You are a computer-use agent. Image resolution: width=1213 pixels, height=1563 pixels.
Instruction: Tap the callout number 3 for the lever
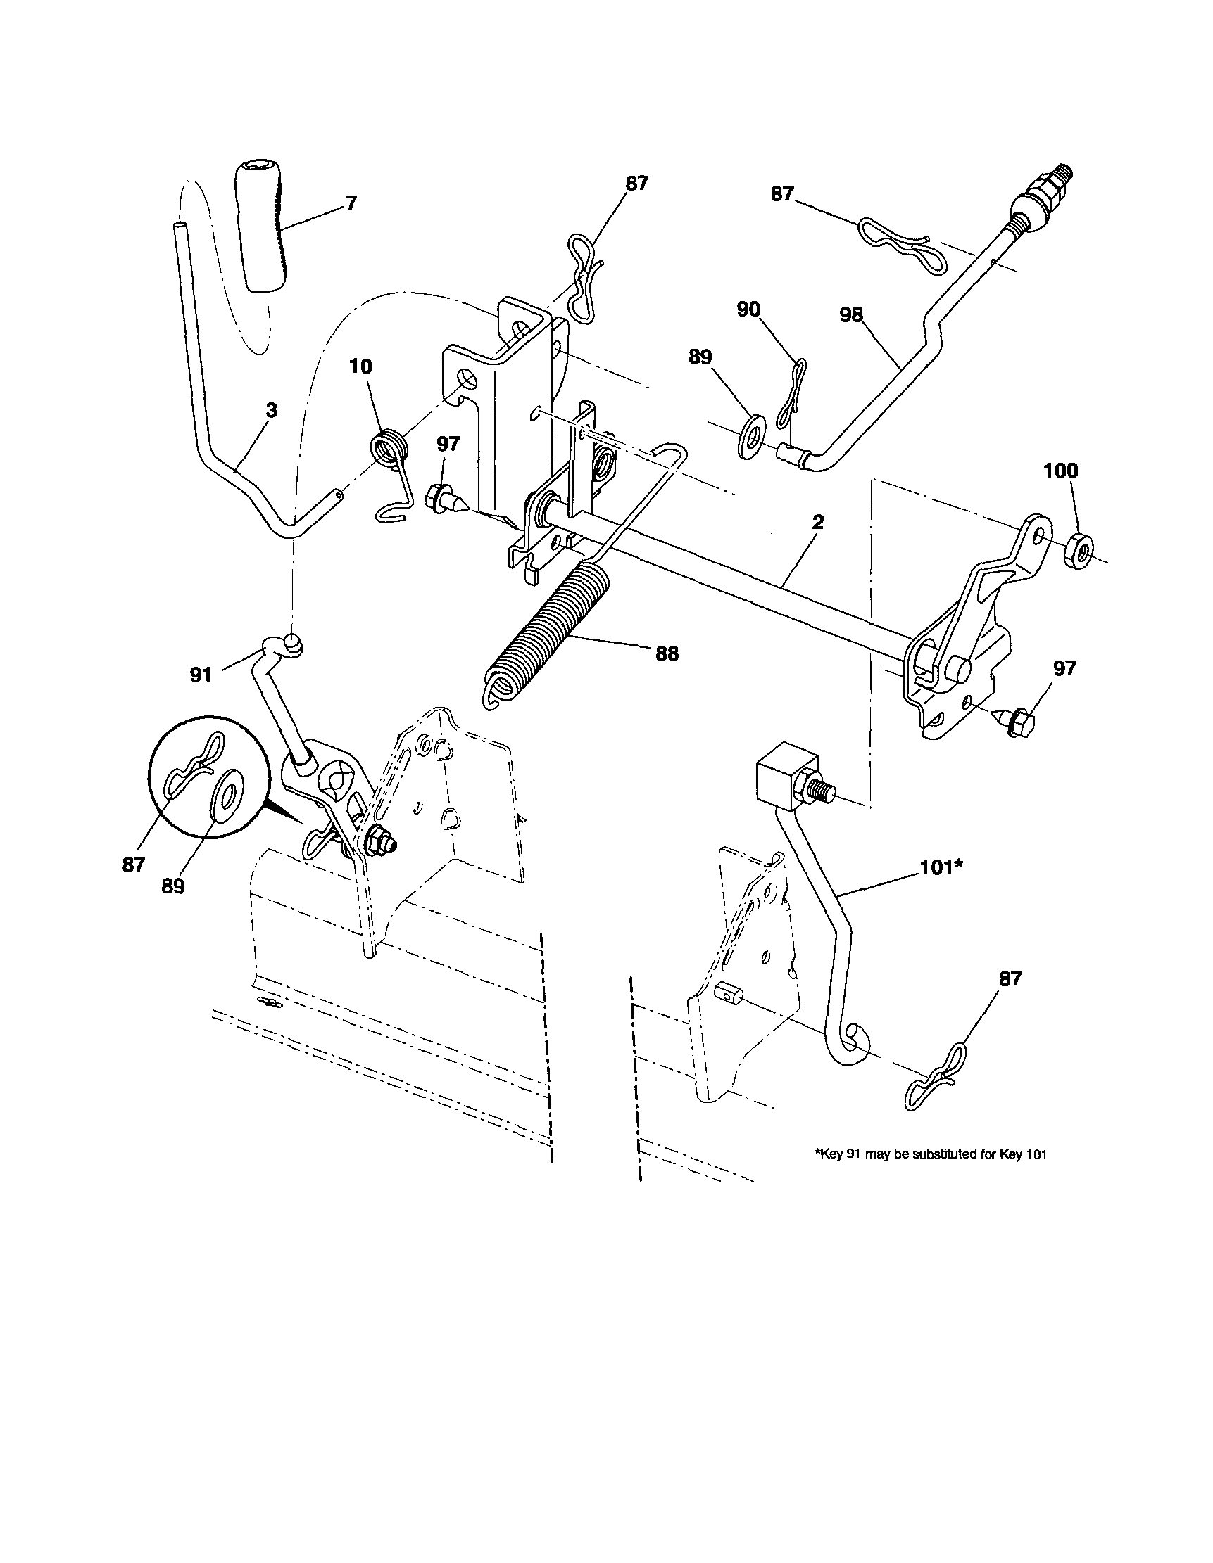(270, 411)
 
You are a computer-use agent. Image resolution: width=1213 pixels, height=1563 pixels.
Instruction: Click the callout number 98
(850, 315)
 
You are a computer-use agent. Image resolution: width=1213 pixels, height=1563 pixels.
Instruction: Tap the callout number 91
(201, 674)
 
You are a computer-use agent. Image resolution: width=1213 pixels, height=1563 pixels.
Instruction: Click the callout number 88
(667, 653)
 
